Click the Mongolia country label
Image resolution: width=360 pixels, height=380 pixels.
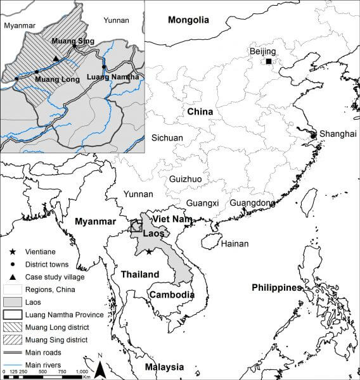tap(188, 20)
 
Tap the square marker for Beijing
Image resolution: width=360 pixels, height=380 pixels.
tap(269, 61)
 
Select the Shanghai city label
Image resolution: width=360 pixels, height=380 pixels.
tap(338, 134)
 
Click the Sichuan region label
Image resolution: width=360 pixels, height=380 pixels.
tap(167, 137)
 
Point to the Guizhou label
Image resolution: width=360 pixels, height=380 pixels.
tap(185, 179)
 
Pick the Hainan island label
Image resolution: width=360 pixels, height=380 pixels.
tap(234, 243)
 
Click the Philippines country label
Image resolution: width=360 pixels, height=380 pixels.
tap(276, 287)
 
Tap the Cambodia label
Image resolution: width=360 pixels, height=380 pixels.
tap(171, 295)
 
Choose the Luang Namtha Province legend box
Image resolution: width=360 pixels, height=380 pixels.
tap(12, 314)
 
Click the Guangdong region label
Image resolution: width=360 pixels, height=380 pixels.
tap(252, 203)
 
